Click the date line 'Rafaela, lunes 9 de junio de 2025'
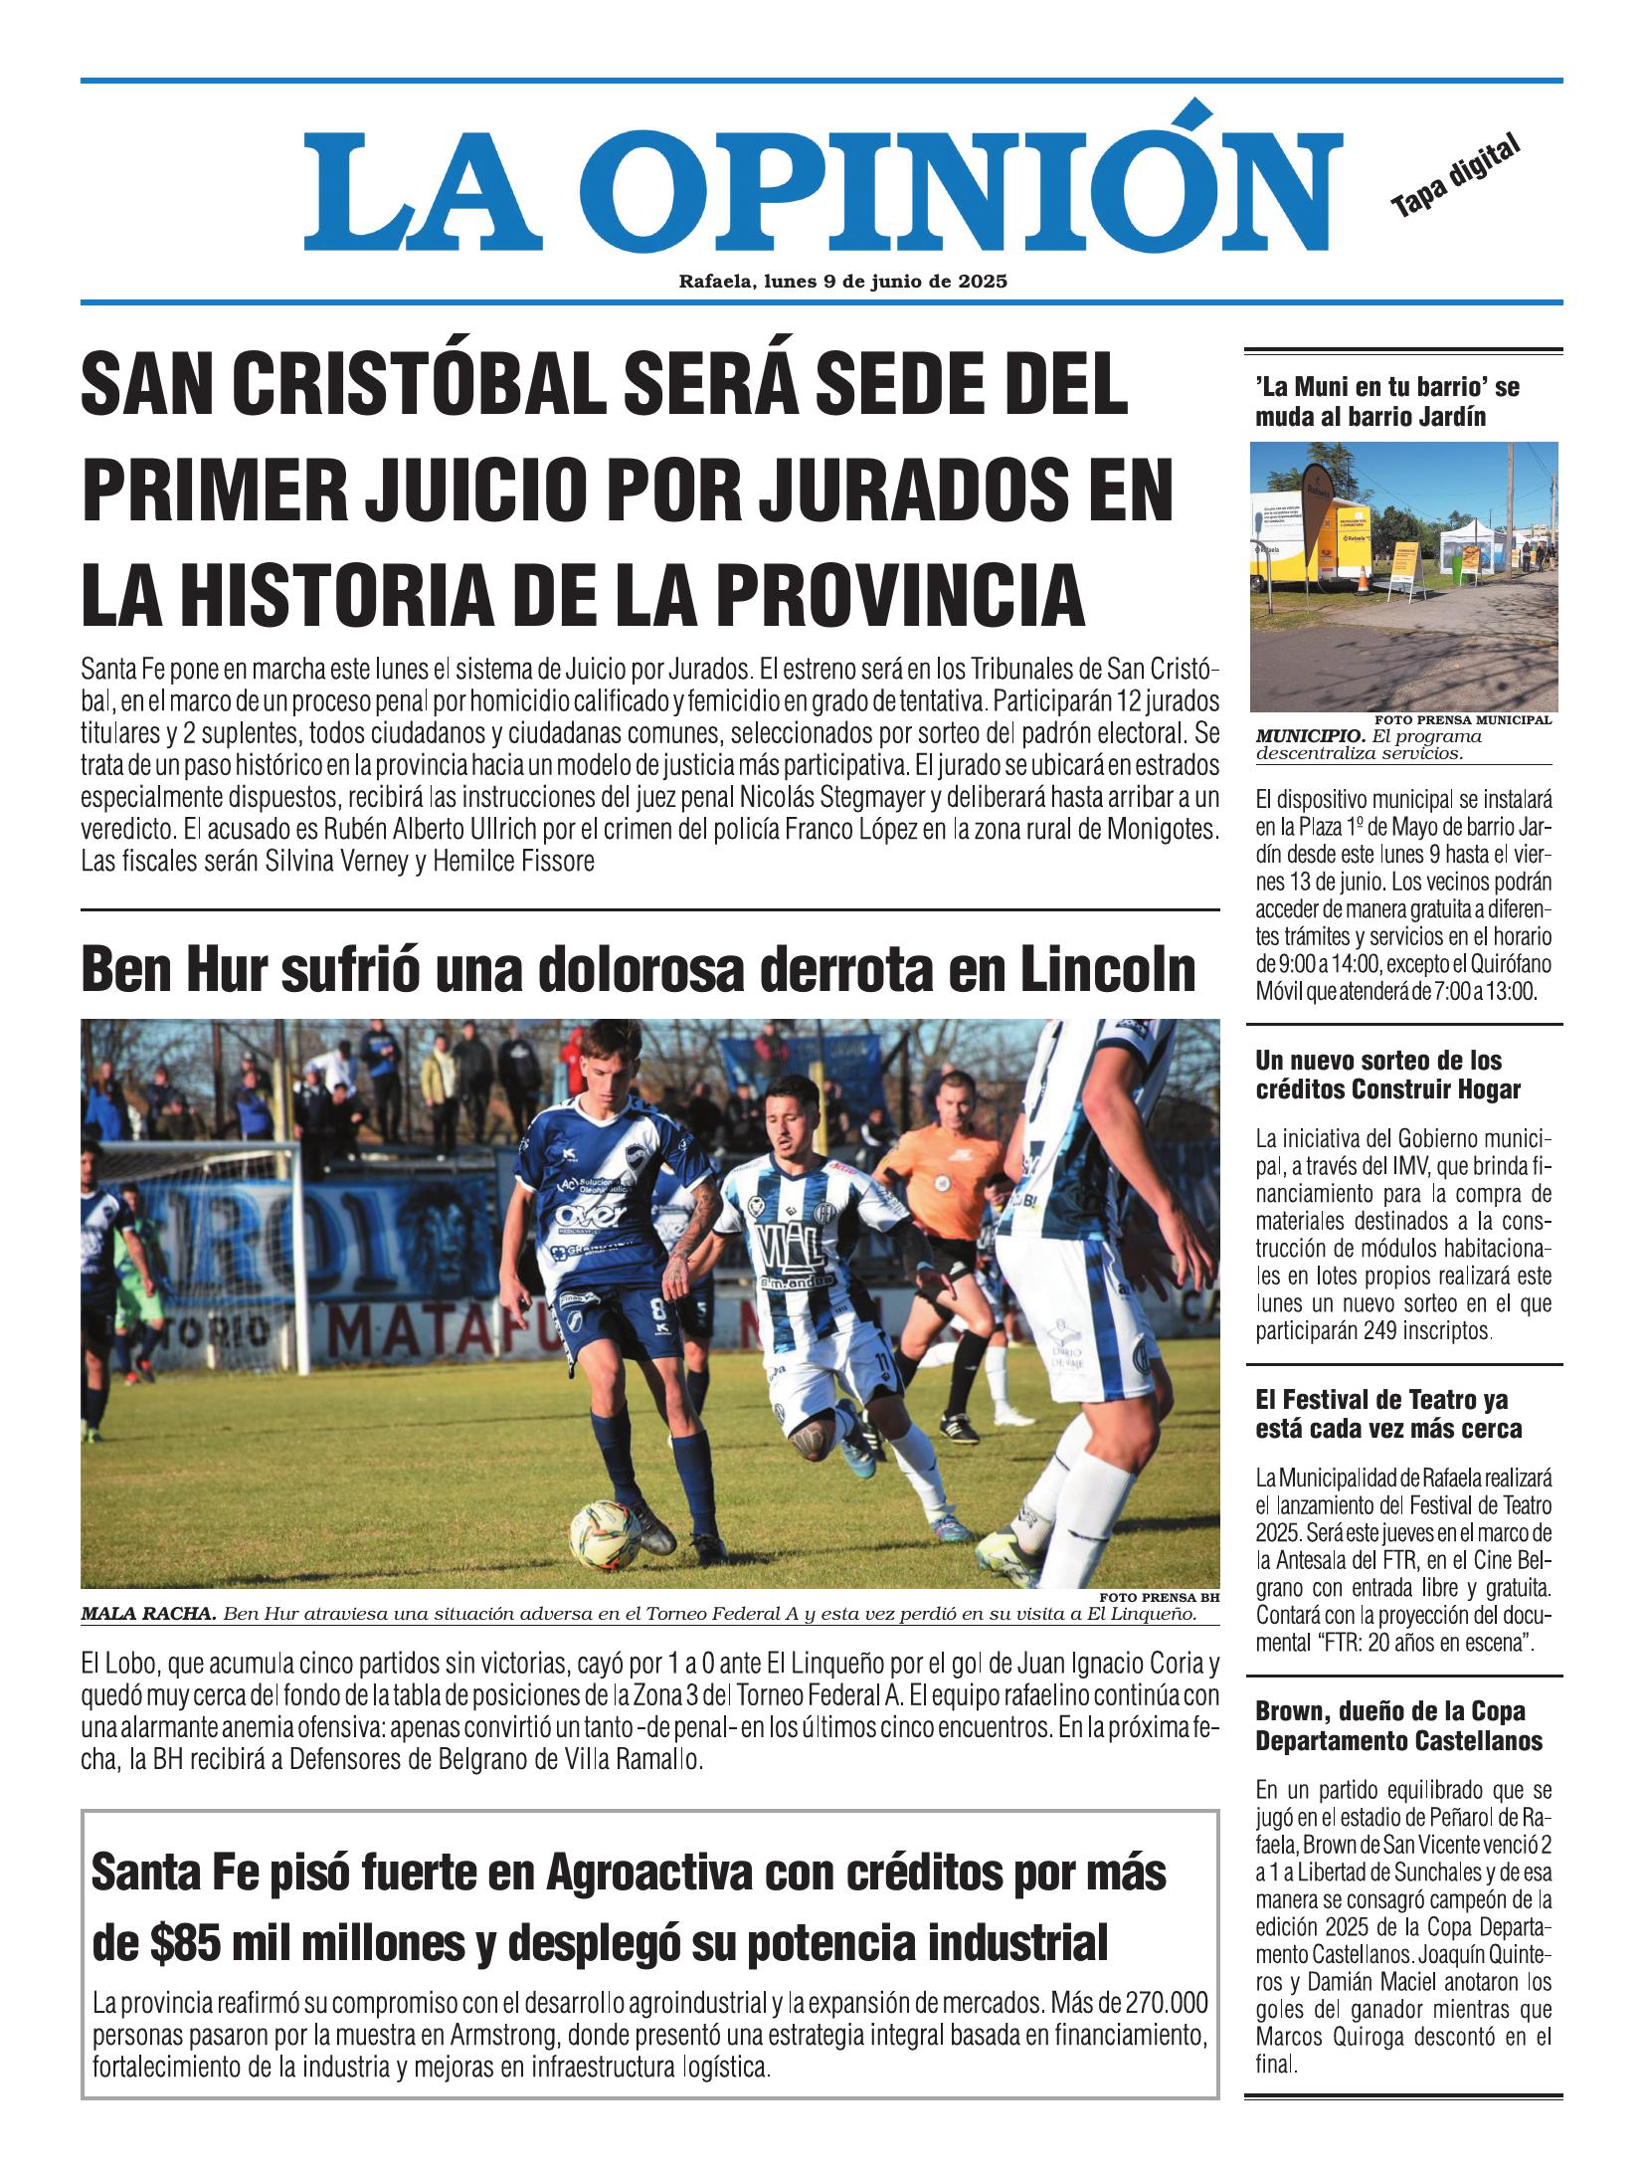[842, 282]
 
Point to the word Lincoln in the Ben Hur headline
[1107, 970]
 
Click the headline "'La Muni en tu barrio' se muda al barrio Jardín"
[1386, 401]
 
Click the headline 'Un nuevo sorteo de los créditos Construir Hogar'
[1386, 1075]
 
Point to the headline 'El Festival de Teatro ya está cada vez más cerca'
[1386, 1415]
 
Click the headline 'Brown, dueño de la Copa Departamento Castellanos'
[1398, 1726]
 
